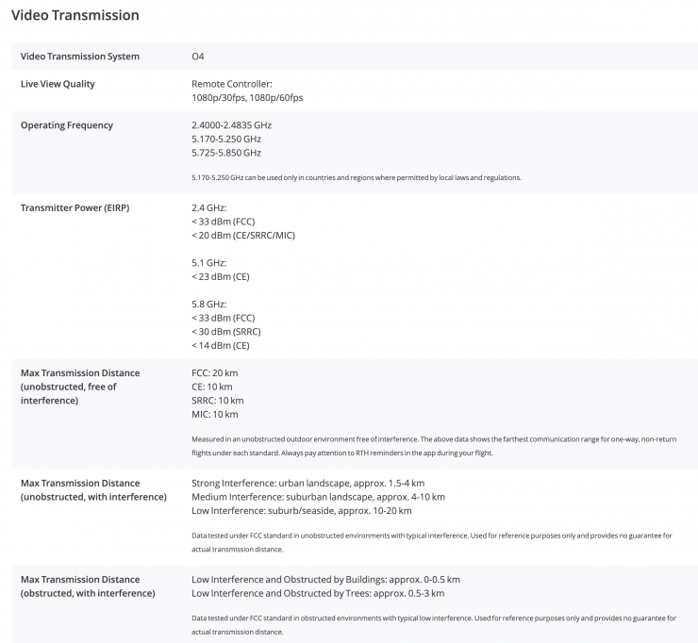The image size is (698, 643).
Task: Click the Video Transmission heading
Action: (x=75, y=16)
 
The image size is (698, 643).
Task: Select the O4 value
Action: (x=198, y=57)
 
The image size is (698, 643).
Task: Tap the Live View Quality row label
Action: (x=58, y=84)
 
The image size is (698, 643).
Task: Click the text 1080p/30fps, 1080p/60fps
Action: (x=247, y=98)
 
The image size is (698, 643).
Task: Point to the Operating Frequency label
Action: (x=66, y=125)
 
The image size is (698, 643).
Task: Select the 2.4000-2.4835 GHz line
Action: (x=231, y=125)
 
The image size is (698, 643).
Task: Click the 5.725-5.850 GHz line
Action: (x=226, y=153)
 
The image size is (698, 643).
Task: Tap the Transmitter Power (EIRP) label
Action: (x=75, y=207)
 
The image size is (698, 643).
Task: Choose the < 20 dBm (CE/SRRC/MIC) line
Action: (x=242, y=236)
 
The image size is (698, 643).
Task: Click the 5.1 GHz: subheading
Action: (x=209, y=263)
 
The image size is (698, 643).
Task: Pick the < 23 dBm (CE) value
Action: (x=223, y=277)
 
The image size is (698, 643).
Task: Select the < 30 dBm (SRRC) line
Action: (x=225, y=332)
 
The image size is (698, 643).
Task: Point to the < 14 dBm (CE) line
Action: (x=223, y=346)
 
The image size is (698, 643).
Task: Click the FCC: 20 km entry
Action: (x=214, y=373)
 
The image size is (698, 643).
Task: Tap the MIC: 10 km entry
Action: (x=214, y=414)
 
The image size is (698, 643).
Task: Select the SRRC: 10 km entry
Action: (x=217, y=401)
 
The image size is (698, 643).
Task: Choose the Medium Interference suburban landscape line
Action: (x=318, y=497)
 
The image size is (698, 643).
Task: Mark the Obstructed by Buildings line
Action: (x=325, y=580)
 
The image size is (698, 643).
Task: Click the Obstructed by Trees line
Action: (x=317, y=593)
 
